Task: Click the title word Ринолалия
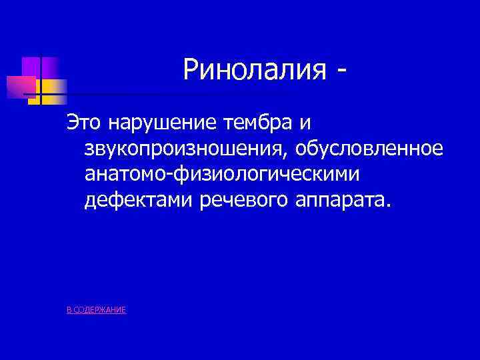click(255, 69)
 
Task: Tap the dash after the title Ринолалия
click(343, 70)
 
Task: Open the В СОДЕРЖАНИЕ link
click(97, 311)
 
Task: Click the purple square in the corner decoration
click(32, 66)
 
